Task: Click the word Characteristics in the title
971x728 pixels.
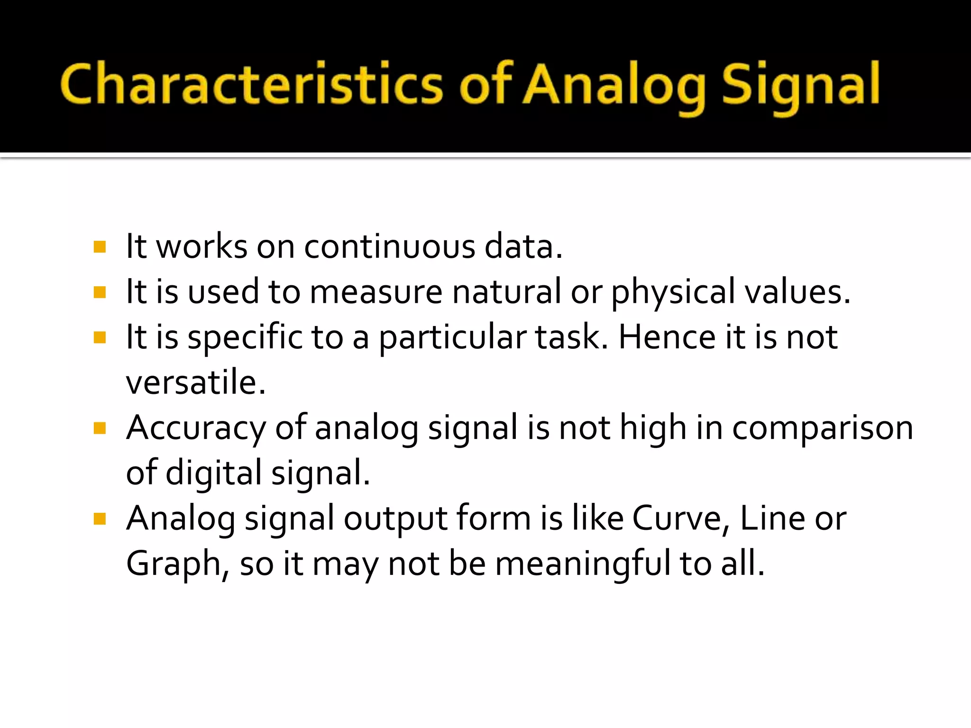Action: (251, 84)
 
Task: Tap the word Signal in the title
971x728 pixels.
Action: (800, 85)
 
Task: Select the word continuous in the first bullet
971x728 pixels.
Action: (389, 247)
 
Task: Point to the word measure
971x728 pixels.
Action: (376, 292)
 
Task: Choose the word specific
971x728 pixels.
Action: (245, 337)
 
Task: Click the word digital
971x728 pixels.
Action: (213, 473)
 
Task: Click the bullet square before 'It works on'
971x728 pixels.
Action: (100, 247)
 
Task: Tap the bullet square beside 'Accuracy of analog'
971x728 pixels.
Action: (100, 429)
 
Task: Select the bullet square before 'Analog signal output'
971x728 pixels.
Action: (100, 519)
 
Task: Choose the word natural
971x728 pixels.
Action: (506, 292)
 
